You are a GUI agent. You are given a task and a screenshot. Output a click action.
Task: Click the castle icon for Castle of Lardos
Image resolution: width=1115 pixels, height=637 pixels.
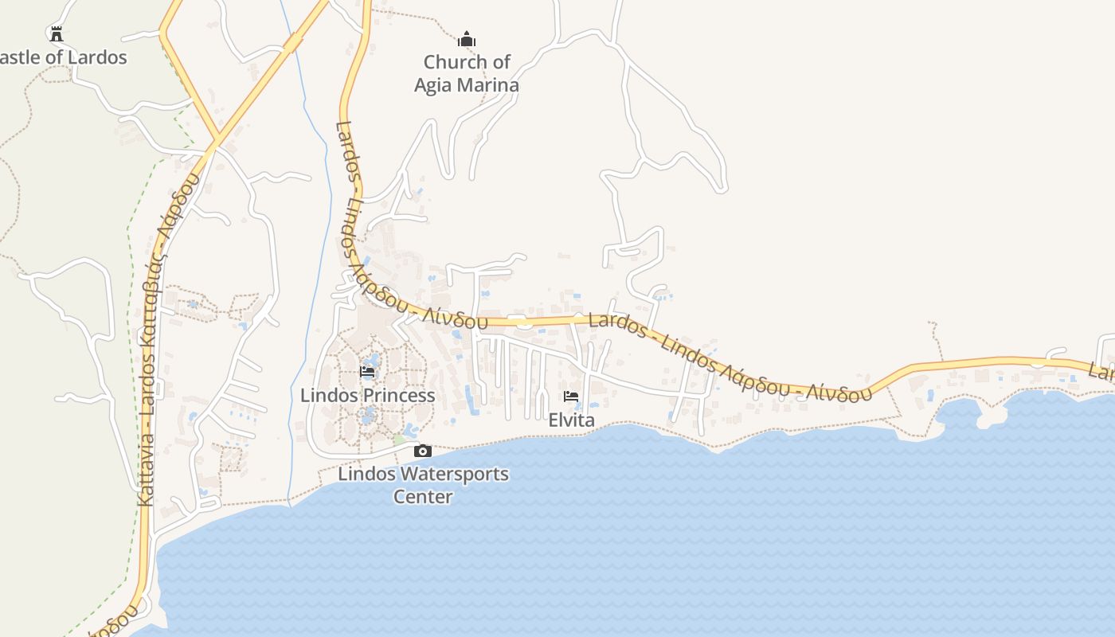pyautogui.click(x=56, y=33)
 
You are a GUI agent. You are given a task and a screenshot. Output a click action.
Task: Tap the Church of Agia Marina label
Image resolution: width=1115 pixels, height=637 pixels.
pyautogui.click(x=467, y=73)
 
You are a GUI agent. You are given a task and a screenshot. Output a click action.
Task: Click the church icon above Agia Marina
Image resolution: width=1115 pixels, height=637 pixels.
pyautogui.click(x=467, y=39)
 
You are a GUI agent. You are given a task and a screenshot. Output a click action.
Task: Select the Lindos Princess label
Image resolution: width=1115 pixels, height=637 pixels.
pyautogui.click(x=367, y=395)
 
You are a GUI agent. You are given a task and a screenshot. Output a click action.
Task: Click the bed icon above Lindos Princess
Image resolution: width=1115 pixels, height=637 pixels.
pyautogui.click(x=367, y=372)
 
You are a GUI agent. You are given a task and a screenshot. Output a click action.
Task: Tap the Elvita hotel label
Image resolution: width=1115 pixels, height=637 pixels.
pyautogui.click(x=571, y=420)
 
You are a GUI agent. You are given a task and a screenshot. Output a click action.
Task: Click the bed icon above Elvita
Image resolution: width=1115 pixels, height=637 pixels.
pyautogui.click(x=571, y=397)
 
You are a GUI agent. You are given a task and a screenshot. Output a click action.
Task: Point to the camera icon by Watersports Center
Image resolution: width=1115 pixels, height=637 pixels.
pyautogui.click(x=423, y=451)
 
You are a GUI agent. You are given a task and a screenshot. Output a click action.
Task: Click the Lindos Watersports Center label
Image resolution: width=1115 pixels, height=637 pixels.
pyautogui.click(x=423, y=485)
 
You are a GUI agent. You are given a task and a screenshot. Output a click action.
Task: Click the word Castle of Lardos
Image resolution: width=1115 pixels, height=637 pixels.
pyautogui.click(x=64, y=57)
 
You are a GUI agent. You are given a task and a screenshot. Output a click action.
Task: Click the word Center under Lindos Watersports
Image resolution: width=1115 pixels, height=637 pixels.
pyautogui.click(x=423, y=497)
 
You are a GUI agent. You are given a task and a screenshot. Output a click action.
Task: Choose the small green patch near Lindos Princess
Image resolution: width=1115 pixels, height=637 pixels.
pyautogui.click(x=399, y=440)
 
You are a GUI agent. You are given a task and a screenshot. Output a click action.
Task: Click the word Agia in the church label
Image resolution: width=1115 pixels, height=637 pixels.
pyautogui.click(x=432, y=85)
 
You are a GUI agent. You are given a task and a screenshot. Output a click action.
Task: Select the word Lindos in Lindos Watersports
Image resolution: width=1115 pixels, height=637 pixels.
pyautogui.click(x=366, y=474)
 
